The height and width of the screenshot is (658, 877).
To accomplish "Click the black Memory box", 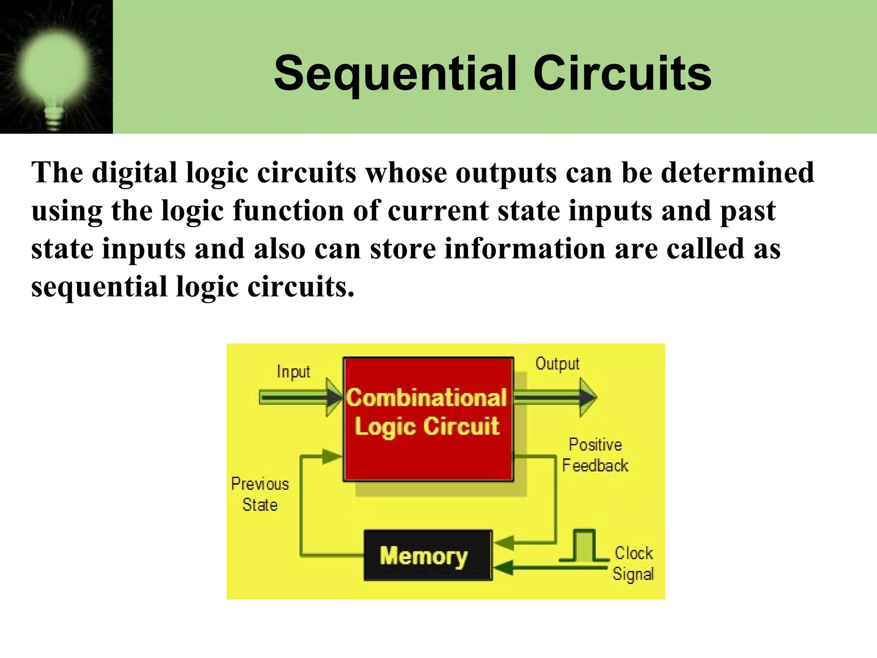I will click(x=428, y=556).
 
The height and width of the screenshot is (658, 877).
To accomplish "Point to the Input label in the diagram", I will click(x=293, y=372).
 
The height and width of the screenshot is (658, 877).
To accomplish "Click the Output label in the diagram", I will click(x=557, y=364).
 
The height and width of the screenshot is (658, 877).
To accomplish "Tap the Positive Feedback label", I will click(x=595, y=455).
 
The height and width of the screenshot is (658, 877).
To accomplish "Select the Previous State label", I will click(x=260, y=494).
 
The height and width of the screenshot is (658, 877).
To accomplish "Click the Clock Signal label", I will click(x=633, y=563).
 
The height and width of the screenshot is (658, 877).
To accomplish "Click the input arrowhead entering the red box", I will click(x=334, y=398).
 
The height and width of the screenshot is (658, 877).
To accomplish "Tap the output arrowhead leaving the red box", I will click(x=588, y=398).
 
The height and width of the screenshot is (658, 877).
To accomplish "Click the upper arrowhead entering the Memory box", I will click(x=504, y=543).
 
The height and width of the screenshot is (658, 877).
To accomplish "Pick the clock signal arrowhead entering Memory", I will click(x=504, y=568).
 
